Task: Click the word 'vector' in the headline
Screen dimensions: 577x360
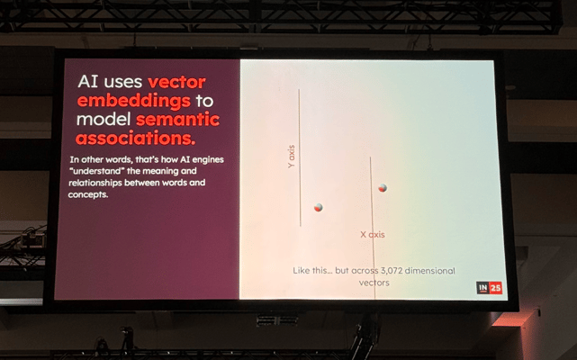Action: (176, 82)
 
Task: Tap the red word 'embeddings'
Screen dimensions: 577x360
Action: (134, 101)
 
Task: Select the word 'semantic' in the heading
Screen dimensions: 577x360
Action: (177, 120)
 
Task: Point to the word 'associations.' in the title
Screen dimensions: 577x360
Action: (136, 139)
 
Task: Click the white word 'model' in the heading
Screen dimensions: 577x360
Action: (104, 120)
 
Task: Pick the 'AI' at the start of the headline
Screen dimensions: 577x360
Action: (88, 82)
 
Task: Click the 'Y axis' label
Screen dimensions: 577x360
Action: (291, 157)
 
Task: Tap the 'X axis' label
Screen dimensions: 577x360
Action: (373, 235)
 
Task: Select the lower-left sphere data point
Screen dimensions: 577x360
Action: (319, 208)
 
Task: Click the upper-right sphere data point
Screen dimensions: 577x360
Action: (383, 188)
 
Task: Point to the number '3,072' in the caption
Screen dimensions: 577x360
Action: (392, 271)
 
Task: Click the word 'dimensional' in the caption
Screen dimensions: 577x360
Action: (430, 271)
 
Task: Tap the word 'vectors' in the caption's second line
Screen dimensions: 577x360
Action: (374, 283)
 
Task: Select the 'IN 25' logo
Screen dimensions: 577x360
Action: (489, 288)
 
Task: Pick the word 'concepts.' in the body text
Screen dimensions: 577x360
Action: (88, 194)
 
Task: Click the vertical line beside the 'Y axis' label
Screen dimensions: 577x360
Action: (300, 157)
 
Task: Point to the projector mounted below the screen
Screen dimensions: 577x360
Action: (276, 320)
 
